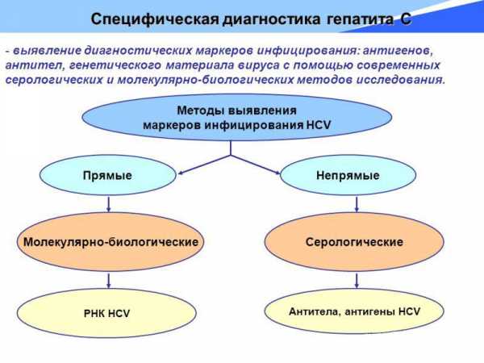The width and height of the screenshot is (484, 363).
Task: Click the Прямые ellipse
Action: click(x=107, y=175)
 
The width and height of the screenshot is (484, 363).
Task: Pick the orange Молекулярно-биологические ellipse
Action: click(x=111, y=241)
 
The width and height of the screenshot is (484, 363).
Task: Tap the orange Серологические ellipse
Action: click(x=354, y=241)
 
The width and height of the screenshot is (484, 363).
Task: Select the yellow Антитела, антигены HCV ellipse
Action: click(x=354, y=310)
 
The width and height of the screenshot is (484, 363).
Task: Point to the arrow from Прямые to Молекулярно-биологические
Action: click(x=107, y=203)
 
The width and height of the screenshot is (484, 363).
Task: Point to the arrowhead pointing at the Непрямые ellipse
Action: click(x=282, y=171)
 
